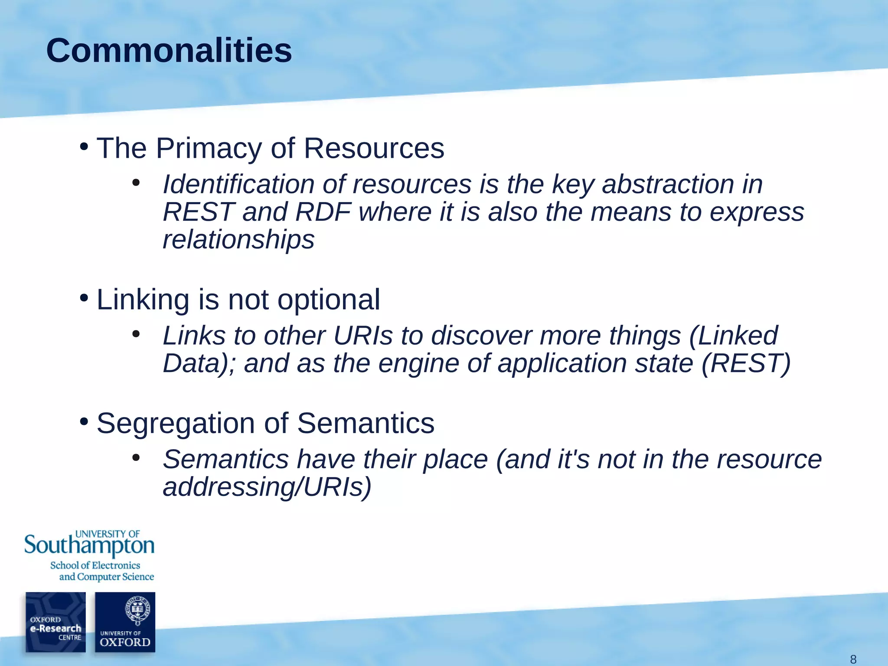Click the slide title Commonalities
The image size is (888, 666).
(169, 51)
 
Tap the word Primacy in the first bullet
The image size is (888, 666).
(209, 149)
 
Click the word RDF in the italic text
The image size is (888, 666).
(323, 212)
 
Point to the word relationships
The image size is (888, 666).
(238, 239)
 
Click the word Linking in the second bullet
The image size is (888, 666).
(143, 300)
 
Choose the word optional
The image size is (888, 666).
(328, 300)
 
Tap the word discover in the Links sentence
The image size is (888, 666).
(480, 336)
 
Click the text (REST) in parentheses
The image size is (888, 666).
(746, 363)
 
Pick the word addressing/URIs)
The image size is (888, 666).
(267, 487)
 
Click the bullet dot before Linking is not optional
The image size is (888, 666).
(84, 298)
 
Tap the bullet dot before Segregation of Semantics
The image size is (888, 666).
(84, 421)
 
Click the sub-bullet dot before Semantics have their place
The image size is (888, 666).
(136, 458)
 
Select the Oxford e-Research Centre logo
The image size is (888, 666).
(55, 622)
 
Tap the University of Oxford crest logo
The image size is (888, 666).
(125, 622)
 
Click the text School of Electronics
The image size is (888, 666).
(95, 565)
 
